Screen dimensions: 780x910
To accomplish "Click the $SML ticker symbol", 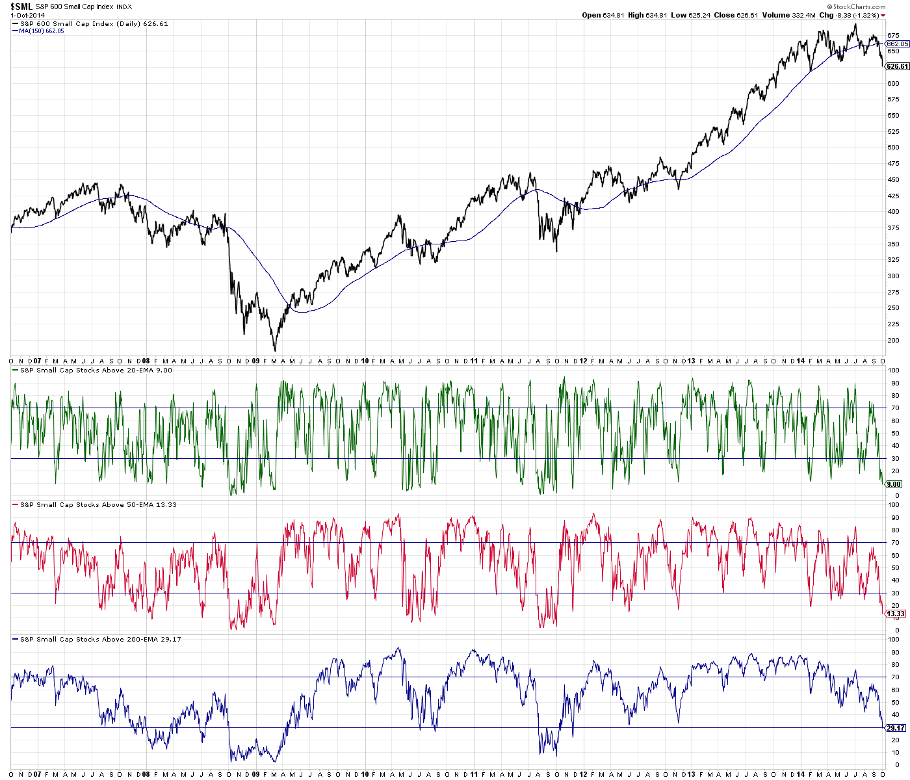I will click(x=21, y=6).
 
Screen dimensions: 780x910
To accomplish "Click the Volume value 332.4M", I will click(x=803, y=15).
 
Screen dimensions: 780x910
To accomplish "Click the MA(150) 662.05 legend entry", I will click(x=42, y=31).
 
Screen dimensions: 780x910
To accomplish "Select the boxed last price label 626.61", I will click(x=897, y=66).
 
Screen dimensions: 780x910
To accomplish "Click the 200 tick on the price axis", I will click(x=893, y=340).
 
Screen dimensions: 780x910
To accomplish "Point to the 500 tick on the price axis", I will click(x=893, y=147).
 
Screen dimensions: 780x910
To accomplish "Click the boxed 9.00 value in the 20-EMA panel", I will click(x=894, y=484).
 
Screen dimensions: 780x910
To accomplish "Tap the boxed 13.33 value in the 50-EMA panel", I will click(x=896, y=614).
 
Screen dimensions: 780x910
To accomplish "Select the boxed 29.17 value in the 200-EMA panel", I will click(x=896, y=729).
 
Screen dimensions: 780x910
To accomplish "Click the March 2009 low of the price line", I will click(x=275, y=350).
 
